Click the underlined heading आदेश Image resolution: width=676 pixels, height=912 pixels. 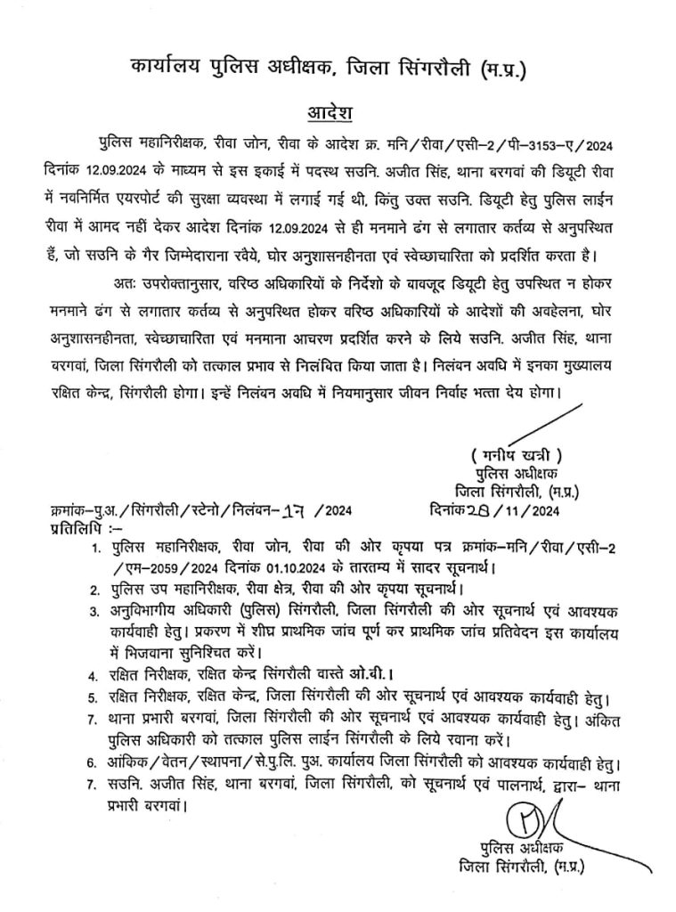(x=331, y=113)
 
